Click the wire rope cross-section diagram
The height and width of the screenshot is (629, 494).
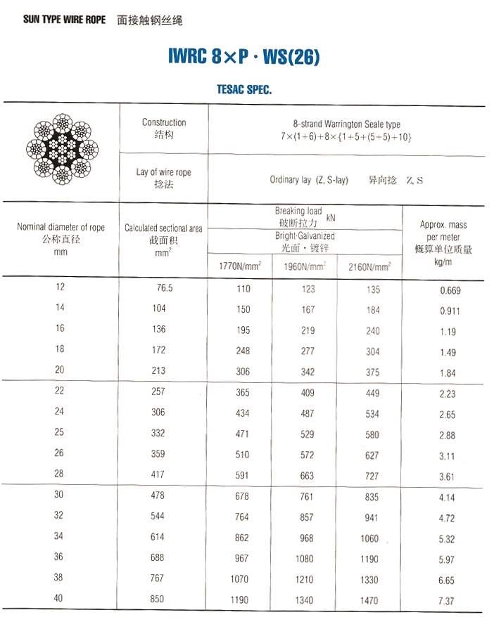tap(62, 148)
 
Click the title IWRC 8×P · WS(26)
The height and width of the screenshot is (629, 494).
tap(244, 57)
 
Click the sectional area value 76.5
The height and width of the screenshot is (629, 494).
tap(165, 288)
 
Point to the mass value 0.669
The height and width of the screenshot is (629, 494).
tap(450, 290)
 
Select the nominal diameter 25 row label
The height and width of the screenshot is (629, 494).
tap(60, 433)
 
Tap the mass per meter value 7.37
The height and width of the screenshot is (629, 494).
tap(447, 601)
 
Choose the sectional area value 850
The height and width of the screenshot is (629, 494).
tap(158, 599)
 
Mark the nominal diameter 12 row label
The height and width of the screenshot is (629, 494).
tap(60, 287)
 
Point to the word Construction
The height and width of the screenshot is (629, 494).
tap(164, 122)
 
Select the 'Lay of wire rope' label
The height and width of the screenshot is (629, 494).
tap(163, 172)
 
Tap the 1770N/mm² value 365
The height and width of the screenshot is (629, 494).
tap(242, 393)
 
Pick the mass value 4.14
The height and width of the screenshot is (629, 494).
tap(447, 498)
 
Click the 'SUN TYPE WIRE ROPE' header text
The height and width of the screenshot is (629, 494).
tap(64, 20)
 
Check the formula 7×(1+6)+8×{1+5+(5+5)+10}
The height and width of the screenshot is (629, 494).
tap(346, 136)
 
